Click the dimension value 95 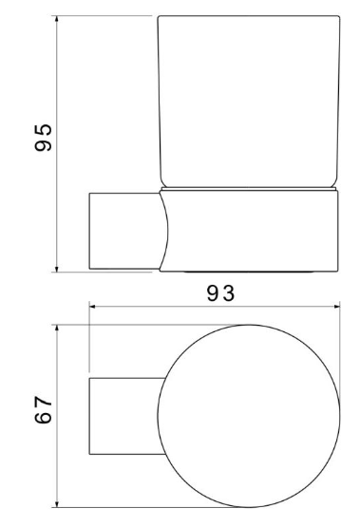click(x=44, y=138)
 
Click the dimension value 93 click(x=220, y=293)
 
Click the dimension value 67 click(x=44, y=409)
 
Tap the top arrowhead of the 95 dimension click(x=56, y=19)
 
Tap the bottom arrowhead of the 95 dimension click(x=56, y=269)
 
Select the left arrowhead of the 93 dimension click(x=93, y=306)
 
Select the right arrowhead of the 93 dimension click(x=336, y=306)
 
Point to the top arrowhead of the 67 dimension click(x=57, y=329)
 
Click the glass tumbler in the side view click(x=249, y=102)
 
